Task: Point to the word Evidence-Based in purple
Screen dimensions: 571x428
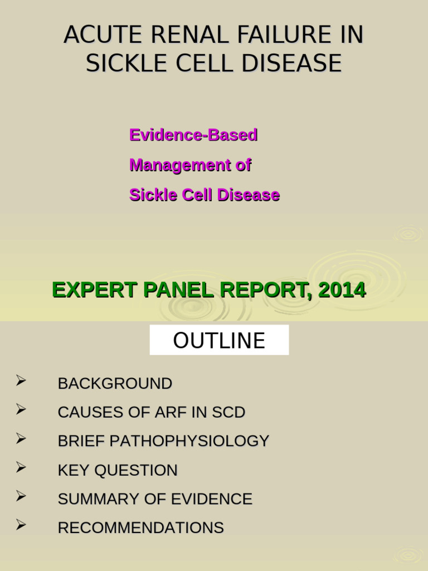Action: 193,135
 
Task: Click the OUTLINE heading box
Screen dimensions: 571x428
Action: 219,340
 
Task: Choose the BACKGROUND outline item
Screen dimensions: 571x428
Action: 115,384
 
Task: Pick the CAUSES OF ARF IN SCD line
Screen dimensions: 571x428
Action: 151,413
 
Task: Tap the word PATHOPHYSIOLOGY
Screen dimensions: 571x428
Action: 189,441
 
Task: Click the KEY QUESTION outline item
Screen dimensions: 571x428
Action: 118,470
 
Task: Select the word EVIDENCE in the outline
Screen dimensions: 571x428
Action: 213,499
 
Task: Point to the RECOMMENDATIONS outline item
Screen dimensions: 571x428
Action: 140,528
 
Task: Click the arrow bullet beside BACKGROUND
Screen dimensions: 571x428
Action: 21,381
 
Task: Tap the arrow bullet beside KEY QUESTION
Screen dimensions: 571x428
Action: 21,467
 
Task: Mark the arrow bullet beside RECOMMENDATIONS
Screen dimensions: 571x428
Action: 21,525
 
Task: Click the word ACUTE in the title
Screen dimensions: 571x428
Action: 95,35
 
